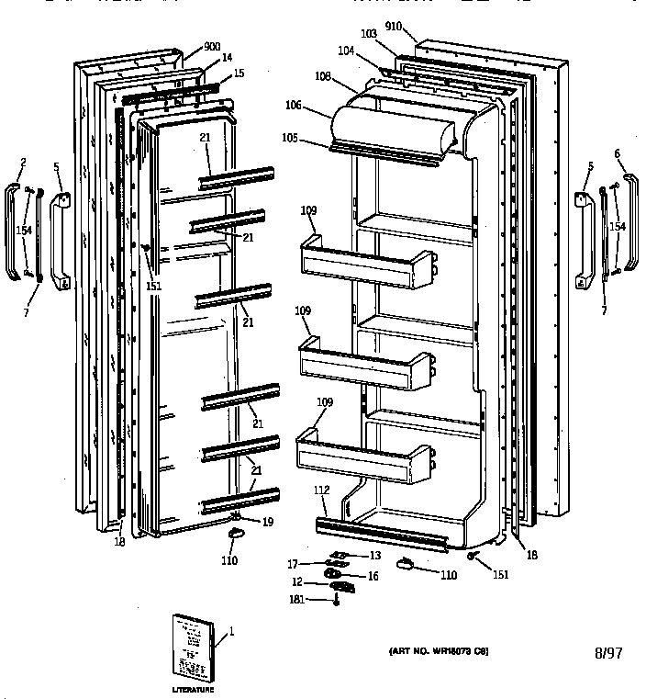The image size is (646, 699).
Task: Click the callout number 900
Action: [x=212, y=47]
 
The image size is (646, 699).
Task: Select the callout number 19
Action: [x=267, y=522]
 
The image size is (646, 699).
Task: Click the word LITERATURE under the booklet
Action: [x=192, y=689]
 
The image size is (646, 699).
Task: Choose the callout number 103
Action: [x=368, y=33]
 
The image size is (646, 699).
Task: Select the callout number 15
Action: [x=239, y=73]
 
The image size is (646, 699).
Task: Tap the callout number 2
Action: [x=23, y=163]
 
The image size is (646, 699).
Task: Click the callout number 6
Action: [x=618, y=152]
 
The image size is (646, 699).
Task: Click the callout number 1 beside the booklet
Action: [x=231, y=631]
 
